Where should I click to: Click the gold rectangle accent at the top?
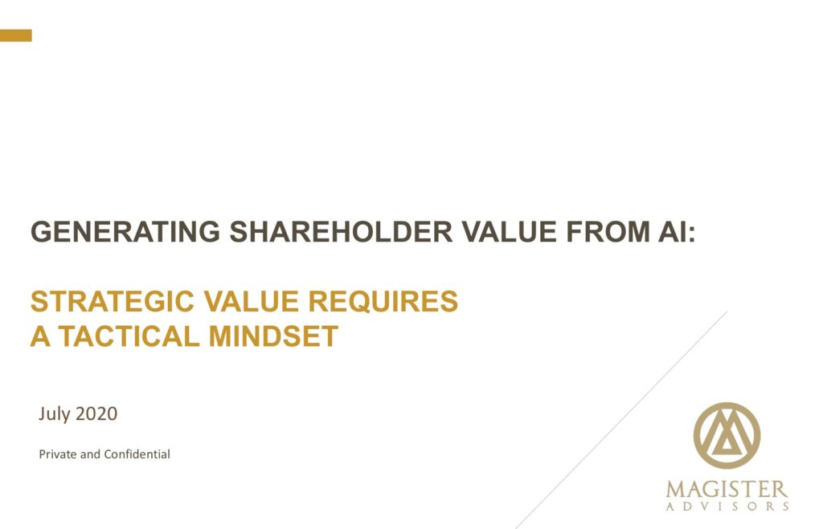click(15, 35)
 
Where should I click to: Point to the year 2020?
click(96, 414)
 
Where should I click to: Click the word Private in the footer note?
click(58, 454)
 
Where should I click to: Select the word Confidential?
click(136, 454)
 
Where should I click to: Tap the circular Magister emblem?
click(727, 436)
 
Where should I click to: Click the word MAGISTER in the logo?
click(727, 489)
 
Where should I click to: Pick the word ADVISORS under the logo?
click(727, 507)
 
